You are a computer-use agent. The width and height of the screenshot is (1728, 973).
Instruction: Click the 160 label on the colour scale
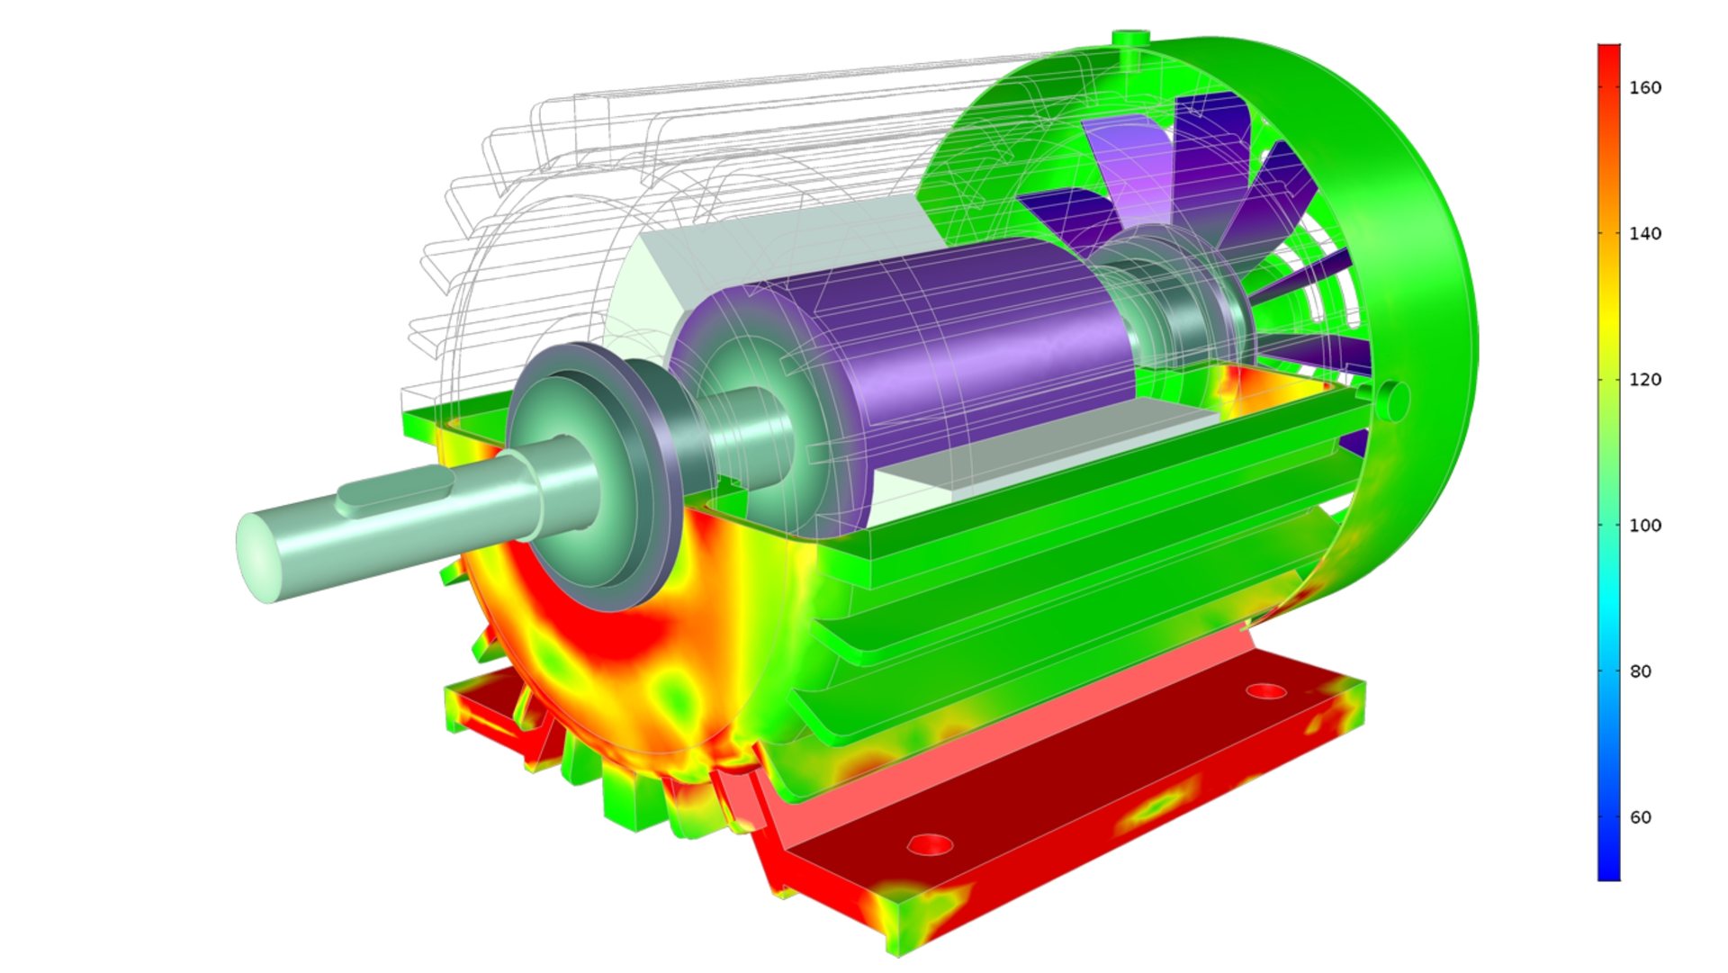[1645, 87]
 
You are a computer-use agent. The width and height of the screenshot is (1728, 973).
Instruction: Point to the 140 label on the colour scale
[1645, 233]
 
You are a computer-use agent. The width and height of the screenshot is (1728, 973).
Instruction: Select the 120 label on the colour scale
[1645, 379]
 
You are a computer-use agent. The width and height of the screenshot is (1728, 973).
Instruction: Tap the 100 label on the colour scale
[1645, 525]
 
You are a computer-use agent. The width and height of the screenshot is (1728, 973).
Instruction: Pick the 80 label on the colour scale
[1641, 671]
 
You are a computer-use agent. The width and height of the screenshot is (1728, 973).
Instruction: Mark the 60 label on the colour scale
[1641, 817]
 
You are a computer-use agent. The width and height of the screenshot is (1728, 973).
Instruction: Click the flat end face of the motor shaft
[258, 558]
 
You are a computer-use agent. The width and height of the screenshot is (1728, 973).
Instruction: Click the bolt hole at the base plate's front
[930, 845]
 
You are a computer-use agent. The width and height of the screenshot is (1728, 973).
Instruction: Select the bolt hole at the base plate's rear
[1266, 691]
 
